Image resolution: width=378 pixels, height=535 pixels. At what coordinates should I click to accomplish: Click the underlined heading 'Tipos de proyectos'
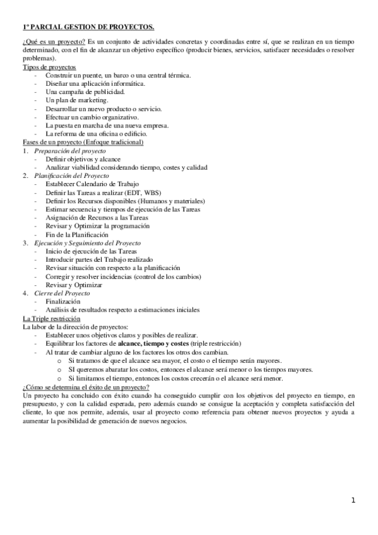49,67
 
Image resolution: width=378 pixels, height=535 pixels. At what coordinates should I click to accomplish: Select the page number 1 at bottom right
354,500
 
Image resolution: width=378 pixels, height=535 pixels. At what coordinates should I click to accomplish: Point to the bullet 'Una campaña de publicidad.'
85,92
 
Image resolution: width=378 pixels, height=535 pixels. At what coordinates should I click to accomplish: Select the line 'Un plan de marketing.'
77,100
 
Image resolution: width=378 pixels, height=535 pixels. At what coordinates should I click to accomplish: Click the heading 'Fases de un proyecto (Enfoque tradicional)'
83,142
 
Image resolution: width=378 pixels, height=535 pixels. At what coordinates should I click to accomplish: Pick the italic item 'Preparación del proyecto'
70,151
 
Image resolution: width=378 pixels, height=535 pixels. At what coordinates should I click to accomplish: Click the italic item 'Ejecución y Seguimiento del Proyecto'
87,242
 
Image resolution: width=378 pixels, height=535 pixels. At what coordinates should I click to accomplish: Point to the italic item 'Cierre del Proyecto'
62,293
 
